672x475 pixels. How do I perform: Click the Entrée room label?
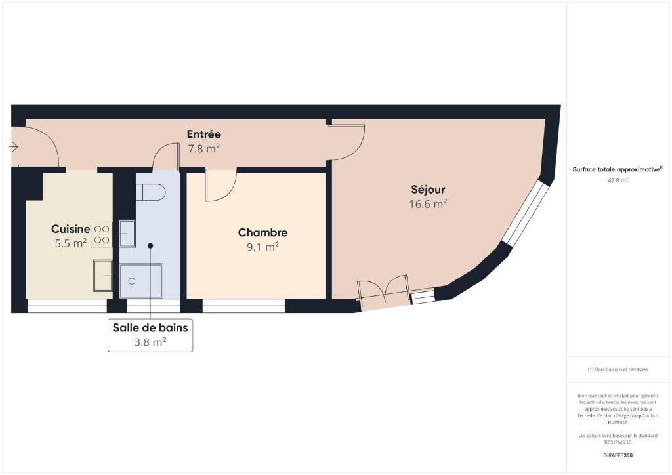tap(204, 134)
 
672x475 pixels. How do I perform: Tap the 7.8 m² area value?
tap(204, 149)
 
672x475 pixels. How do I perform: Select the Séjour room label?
tap(428, 190)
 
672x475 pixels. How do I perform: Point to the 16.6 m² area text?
tap(428, 204)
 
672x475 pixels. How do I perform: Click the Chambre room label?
tap(262, 232)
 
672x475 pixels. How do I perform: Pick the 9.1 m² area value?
tap(262, 247)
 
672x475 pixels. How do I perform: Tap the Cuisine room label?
tap(71, 229)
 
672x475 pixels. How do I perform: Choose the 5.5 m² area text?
tap(71, 243)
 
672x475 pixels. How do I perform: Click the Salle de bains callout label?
tap(150, 327)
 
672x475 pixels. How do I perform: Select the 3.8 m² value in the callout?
tap(150, 342)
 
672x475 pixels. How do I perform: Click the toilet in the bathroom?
tap(150, 192)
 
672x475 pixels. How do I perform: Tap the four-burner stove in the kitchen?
tap(102, 235)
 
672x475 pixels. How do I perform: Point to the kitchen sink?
tap(103, 276)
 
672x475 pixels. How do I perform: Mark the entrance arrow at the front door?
tap(13, 148)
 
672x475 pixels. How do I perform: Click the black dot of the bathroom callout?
tap(150, 246)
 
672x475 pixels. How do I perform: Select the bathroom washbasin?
tap(127, 234)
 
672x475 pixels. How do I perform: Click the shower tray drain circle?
tap(132, 281)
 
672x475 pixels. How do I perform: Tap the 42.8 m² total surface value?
tap(618, 180)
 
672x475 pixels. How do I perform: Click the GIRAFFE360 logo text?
tap(618, 455)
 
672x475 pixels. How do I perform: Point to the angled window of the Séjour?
tap(526, 214)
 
